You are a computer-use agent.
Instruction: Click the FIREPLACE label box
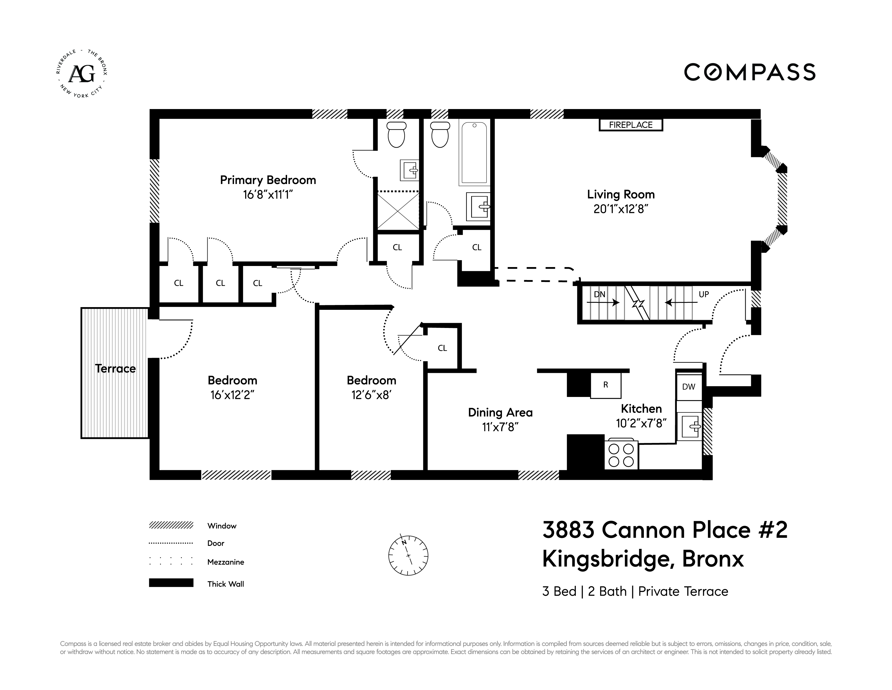[631, 125]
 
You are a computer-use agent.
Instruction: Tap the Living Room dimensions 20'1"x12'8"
[621, 209]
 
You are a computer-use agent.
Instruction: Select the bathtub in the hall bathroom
[474, 153]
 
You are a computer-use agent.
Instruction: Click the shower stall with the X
[397, 212]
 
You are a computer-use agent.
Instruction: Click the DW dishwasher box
[689, 387]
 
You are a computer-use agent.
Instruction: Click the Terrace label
[115, 369]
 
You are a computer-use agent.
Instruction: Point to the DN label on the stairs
[599, 294]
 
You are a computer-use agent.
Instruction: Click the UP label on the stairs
[704, 294]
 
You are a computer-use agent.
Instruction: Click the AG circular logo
[82, 74]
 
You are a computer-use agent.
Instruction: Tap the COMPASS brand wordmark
[750, 72]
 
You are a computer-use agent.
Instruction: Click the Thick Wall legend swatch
[171, 583]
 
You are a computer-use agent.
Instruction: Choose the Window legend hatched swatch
[171, 525]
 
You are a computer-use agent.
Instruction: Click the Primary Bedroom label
[268, 180]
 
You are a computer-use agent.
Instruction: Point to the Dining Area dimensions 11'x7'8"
[500, 427]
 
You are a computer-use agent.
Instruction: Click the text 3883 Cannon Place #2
[664, 530]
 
